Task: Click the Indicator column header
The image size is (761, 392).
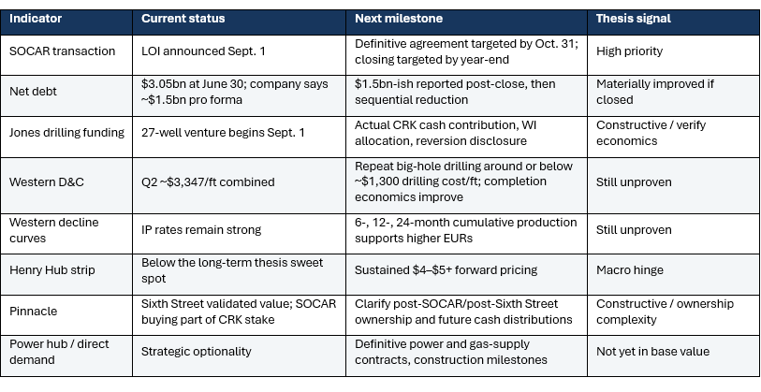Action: coord(36,19)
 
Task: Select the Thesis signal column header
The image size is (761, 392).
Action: coord(634,19)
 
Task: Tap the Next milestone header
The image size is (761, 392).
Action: coord(399,19)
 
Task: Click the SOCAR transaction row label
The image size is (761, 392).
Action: coord(62,51)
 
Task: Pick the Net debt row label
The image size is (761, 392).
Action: coord(33,92)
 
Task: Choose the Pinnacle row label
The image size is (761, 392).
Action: coord(34,312)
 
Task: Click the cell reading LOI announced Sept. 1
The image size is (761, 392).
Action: coord(203,51)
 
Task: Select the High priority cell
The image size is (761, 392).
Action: coord(629,51)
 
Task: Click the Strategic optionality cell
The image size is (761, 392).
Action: coord(196,351)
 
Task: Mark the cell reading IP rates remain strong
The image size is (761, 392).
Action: coord(201,229)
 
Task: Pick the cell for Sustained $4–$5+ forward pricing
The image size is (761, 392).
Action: coord(446,270)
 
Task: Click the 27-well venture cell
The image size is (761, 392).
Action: coord(223,133)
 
